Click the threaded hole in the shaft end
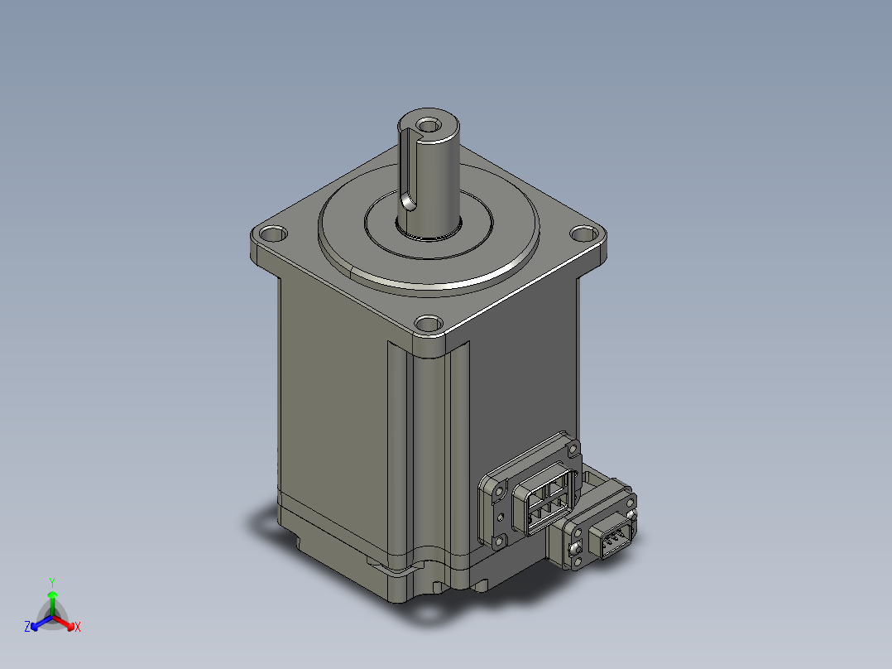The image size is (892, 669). pyautogui.click(x=429, y=126)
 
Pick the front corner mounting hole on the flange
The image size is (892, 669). pyautogui.click(x=428, y=324)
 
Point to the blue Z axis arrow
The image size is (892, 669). pyautogui.click(x=38, y=622)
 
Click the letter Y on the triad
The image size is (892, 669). pyautogui.click(x=52, y=582)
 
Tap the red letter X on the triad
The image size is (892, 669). pyautogui.click(x=78, y=628)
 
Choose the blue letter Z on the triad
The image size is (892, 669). pyautogui.click(x=27, y=628)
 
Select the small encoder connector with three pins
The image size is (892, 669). pyautogui.click(x=611, y=542)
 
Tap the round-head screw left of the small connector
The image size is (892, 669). pyautogui.click(x=574, y=548)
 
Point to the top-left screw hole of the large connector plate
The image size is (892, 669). pyautogui.click(x=500, y=487)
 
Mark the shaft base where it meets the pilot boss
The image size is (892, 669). pyautogui.click(x=429, y=233)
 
